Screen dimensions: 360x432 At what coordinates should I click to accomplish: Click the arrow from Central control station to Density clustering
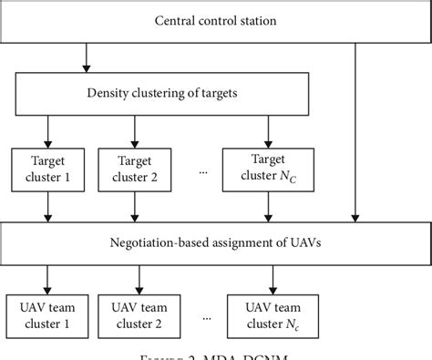click(86, 57)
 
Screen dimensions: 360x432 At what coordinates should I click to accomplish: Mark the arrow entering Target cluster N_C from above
click(265, 129)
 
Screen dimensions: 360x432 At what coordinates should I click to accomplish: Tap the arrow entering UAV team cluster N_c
click(265, 277)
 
